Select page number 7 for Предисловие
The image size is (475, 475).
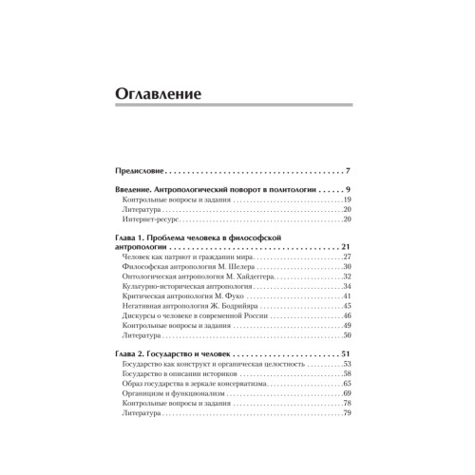[x=349, y=171]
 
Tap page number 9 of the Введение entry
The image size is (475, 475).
[x=349, y=191]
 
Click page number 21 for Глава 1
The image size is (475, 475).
[x=347, y=247]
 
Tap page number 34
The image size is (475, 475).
[x=348, y=287]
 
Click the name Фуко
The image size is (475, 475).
[x=231, y=296]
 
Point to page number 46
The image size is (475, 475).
[x=348, y=316]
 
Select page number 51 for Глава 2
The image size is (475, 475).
[x=347, y=354]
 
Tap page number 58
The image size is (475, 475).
[x=348, y=374]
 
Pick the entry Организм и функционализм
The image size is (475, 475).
[x=178, y=393]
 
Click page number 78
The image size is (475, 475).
[x=348, y=404]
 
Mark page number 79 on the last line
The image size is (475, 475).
[x=348, y=413]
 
